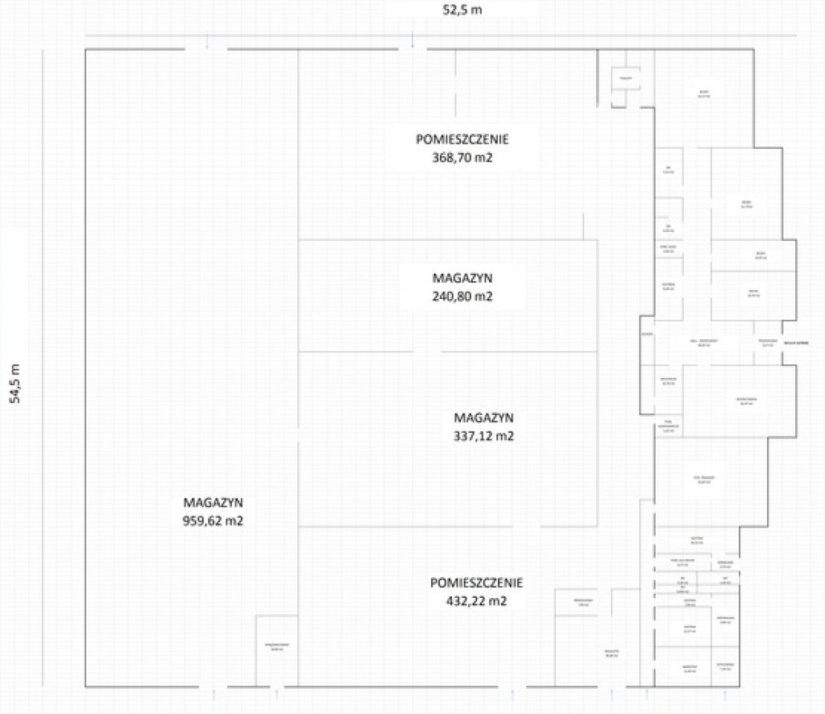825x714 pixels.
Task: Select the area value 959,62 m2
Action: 214,521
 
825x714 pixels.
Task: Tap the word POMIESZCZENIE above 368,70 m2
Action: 462,139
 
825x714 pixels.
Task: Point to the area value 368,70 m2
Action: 462,158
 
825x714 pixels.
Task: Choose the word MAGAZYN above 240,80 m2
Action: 462,277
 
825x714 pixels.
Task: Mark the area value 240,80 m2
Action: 462,297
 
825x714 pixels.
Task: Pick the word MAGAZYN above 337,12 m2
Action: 484,417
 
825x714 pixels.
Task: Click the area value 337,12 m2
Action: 484,437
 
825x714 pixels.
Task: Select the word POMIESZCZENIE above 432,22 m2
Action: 477,582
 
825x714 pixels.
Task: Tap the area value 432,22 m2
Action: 477,601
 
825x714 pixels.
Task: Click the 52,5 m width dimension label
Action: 462,10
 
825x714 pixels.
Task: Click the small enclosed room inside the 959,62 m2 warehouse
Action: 276,650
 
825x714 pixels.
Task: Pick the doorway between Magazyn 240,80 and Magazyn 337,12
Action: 426,352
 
